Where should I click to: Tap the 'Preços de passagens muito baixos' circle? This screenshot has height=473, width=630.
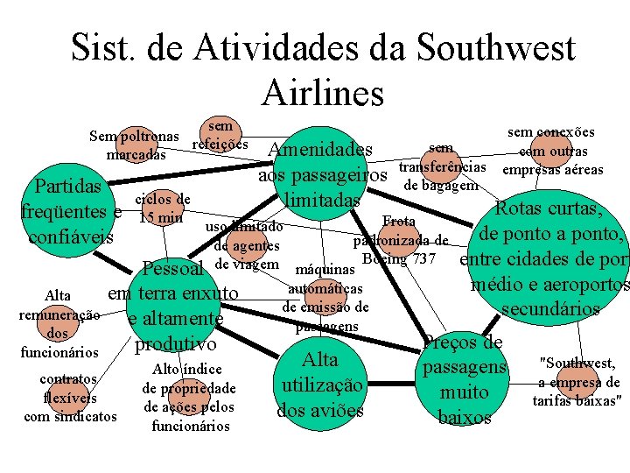[464, 379]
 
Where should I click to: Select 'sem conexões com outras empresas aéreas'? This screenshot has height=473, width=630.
[551, 151]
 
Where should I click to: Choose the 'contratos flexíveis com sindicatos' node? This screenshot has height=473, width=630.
[69, 397]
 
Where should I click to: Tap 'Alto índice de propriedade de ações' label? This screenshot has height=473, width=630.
[189, 397]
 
